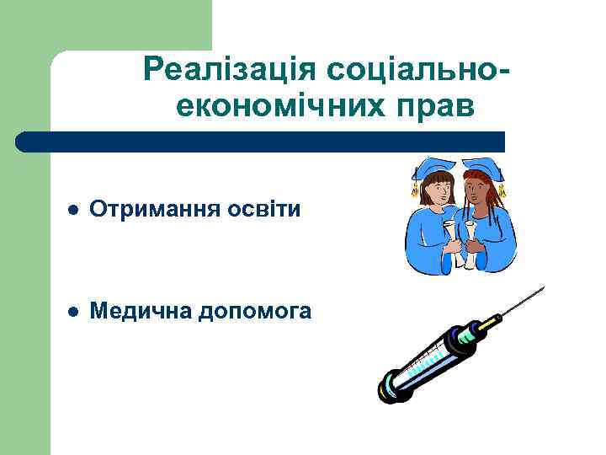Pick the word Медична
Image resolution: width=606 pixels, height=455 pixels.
tap(139, 311)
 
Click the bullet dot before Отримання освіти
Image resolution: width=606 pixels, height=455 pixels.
tap(73, 209)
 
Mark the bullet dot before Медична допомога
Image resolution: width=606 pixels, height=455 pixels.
tap(73, 312)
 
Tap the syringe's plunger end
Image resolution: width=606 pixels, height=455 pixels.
tap(389, 386)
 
